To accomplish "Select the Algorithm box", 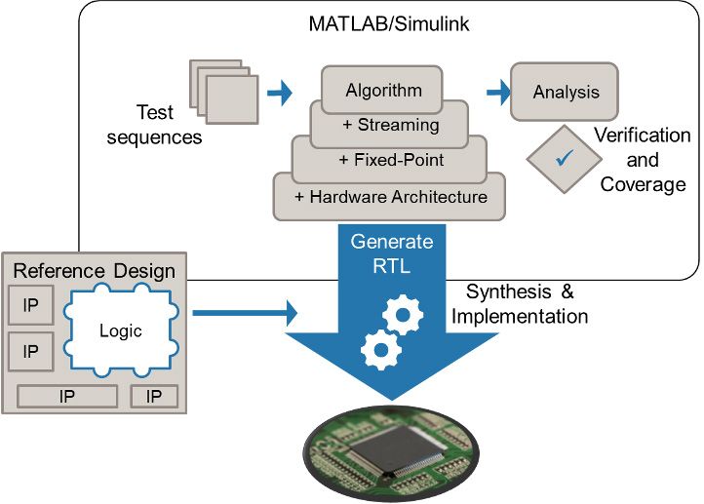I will (x=384, y=90).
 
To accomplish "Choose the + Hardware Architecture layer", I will (x=390, y=196).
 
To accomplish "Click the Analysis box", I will (x=566, y=93).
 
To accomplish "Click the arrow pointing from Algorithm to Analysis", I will (x=498, y=93).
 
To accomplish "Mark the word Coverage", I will (x=643, y=184).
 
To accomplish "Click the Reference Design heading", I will (x=95, y=271).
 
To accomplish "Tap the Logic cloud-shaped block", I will (x=121, y=330).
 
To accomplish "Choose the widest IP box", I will (x=67, y=396).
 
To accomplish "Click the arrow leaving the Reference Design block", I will (x=244, y=313).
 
